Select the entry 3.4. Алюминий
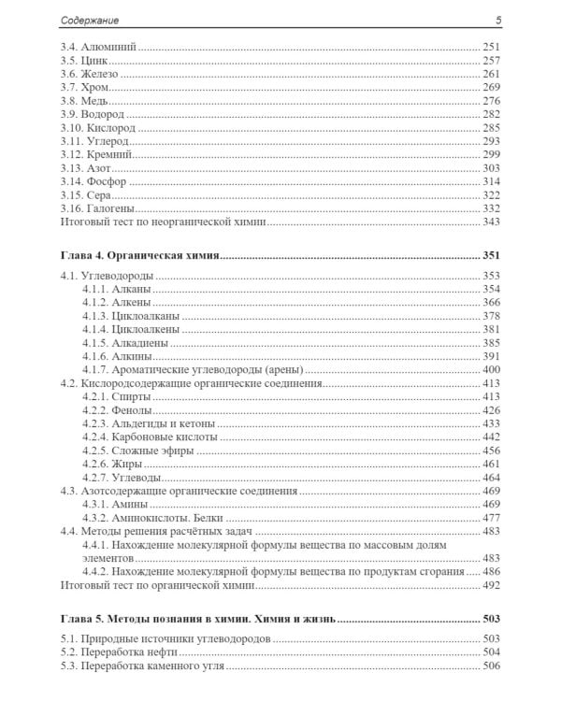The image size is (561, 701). [97, 46]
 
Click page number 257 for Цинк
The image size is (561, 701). [493, 60]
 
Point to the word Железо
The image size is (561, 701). [98, 73]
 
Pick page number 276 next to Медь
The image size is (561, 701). [493, 100]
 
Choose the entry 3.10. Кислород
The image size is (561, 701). [100, 126]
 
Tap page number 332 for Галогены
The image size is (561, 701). [493, 207]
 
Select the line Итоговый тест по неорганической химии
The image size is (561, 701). [163, 221]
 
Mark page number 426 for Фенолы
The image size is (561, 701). [493, 410]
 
